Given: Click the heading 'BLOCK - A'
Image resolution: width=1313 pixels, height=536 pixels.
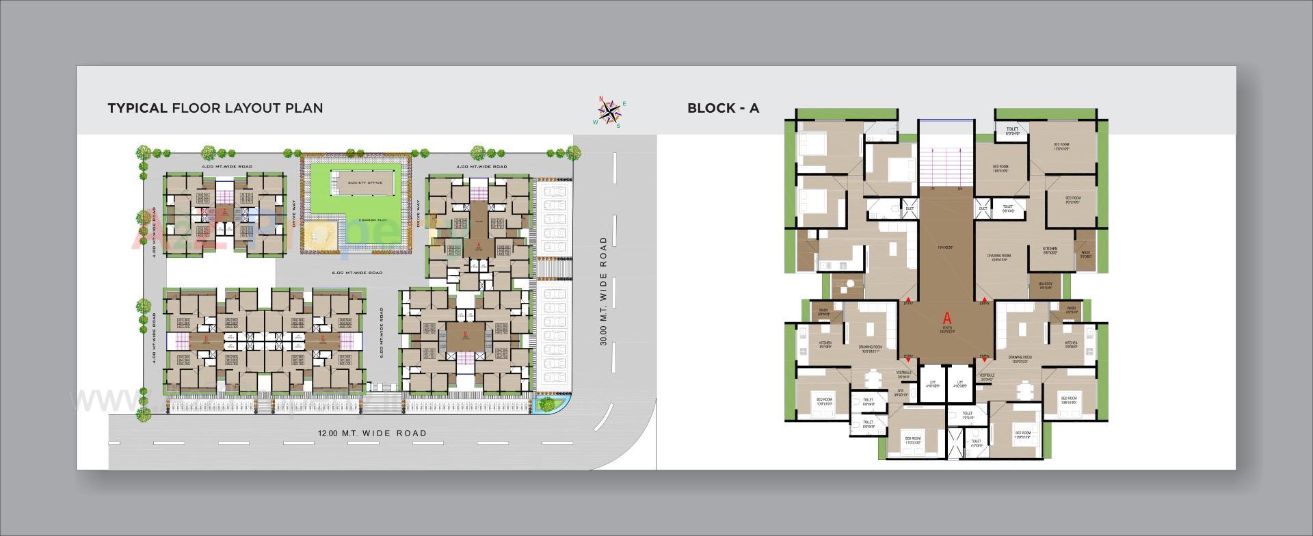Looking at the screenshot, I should (x=723, y=108).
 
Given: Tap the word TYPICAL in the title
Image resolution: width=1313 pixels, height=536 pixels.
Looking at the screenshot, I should (x=137, y=108).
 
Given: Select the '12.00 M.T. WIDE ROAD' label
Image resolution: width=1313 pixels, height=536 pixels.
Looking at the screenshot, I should (x=372, y=433).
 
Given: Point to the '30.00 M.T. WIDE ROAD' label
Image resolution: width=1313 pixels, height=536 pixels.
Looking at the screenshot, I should (x=604, y=291).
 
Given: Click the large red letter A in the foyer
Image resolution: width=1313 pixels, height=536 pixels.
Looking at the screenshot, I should (x=947, y=317).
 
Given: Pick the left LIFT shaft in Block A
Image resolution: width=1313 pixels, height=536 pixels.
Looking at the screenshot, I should (x=931, y=384).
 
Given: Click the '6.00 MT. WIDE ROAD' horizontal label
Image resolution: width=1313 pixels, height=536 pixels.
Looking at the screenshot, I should (x=357, y=273).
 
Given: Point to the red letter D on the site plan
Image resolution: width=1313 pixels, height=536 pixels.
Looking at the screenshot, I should (x=206, y=337).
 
